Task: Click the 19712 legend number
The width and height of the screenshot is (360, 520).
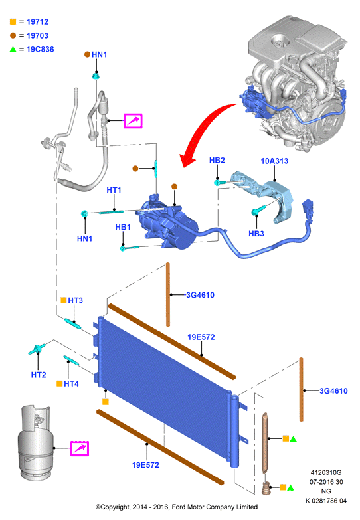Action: coord(37,22)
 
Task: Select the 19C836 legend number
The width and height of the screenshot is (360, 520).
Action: coord(40,49)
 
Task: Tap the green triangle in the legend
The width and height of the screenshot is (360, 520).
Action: coord(13,49)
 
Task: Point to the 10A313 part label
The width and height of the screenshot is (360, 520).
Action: coord(274,161)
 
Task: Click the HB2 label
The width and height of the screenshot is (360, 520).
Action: coord(217,161)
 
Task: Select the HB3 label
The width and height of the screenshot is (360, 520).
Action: coord(256,234)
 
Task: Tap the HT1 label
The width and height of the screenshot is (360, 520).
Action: coord(114,190)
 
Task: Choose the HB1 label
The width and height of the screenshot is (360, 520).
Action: coord(123,228)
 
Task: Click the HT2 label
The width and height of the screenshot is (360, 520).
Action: coord(39,375)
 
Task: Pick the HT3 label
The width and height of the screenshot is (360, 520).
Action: coord(75,300)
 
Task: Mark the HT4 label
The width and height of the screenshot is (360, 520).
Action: coord(71,384)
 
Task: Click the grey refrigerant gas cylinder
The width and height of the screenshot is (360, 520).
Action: coord(35,443)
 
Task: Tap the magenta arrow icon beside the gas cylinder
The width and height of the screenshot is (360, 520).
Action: coord(80,449)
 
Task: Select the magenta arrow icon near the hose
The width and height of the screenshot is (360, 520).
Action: coord(133,121)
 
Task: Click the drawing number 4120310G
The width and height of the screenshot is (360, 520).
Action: coord(326,472)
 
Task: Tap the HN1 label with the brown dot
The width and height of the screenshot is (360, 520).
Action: coord(99,54)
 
